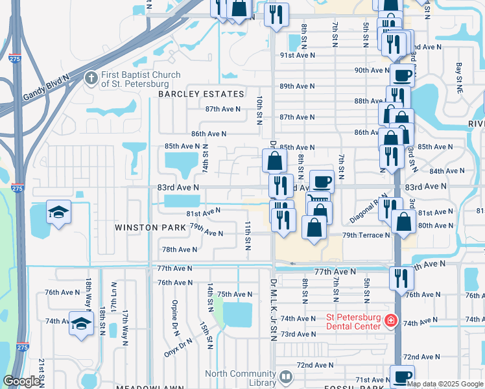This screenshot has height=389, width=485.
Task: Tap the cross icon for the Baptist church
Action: tap(92, 78)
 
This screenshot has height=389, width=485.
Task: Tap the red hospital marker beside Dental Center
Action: tap(390, 320)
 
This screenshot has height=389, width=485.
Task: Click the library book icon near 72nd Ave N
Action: tap(286, 377)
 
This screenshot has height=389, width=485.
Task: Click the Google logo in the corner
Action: tap(21, 381)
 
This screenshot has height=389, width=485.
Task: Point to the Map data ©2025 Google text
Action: tap(444, 384)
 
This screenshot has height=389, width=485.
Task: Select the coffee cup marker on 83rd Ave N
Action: tap(322, 181)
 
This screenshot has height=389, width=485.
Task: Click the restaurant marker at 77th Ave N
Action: tap(401, 277)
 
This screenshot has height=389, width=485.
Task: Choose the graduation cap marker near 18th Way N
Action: tap(82, 322)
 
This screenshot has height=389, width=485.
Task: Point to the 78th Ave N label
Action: tap(180, 249)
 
